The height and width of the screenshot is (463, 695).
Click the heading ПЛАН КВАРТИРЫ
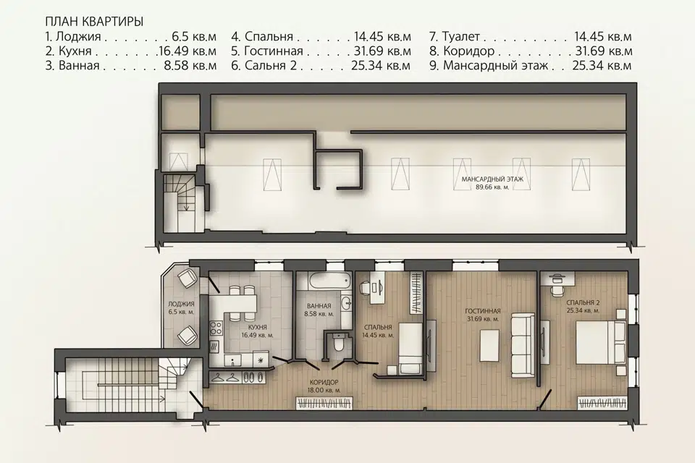tap(94, 22)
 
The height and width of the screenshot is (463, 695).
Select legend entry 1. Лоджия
tap(73, 36)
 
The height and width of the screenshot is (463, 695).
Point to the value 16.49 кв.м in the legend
tap(188, 51)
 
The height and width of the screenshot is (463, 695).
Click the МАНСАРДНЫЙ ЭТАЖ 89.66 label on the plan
tap(492, 183)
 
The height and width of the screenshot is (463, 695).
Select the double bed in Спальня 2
tap(601, 343)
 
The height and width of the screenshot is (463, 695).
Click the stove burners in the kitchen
tap(216, 328)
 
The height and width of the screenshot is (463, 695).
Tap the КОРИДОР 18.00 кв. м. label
tap(324, 386)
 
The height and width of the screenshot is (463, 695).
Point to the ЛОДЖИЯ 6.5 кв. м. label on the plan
tap(181, 308)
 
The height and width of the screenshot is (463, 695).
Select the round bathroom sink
tap(347, 304)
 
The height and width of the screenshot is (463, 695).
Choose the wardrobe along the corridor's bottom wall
tap(324, 403)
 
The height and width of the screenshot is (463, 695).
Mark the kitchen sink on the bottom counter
tap(232, 360)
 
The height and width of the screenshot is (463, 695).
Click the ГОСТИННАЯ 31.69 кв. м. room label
tap(483, 315)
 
